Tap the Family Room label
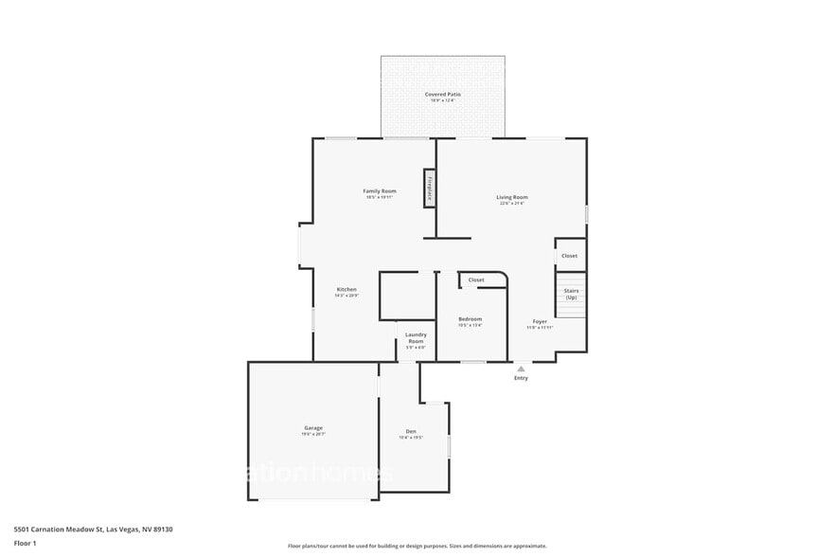pyautogui.click(x=380, y=190)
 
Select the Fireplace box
pyautogui.click(x=429, y=188)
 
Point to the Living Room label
pyautogui.click(x=512, y=197)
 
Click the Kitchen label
pyautogui.click(x=346, y=289)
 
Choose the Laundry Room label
pyautogui.click(x=416, y=337)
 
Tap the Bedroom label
pyautogui.click(x=471, y=318)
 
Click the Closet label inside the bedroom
pyautogui.click(x=476, y=279)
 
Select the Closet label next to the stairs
pyautogui.click(x=569, y=256)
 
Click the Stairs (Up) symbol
pyautogui.click(x=571, y=295)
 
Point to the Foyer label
pyautogui.click(x=540, y=321)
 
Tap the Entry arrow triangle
pyautogui.click(x=521, y=368)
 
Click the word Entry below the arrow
pyautogui.click(x=521, y=378)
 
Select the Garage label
pyautogui.click(x=313, y=428)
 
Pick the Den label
pyautogui.click(x=411, y=431)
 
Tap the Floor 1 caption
pyautogui.click(x=25, y=543)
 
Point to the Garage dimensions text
pyautogui.click(x=313, y=435)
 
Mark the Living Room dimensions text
pyautogui.click(x=512, y=203)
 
